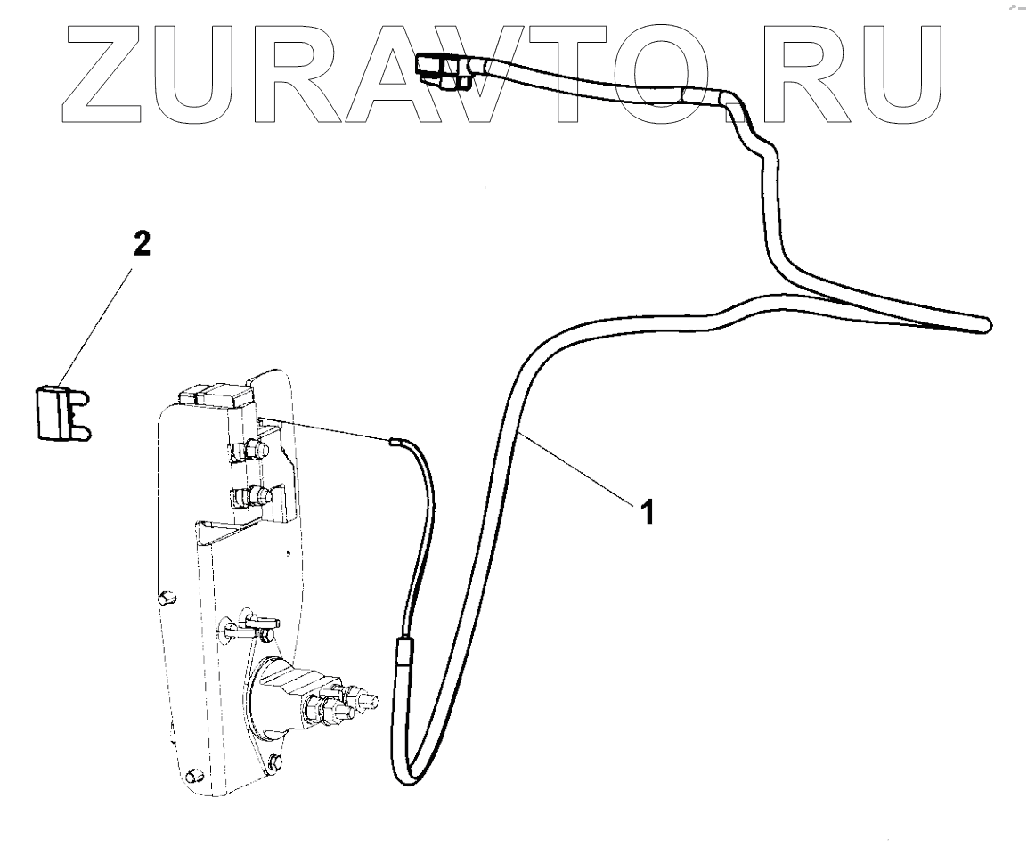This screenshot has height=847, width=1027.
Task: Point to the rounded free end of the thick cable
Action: coord(983,324)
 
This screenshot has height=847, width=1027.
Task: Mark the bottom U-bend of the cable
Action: coord(401,773)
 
